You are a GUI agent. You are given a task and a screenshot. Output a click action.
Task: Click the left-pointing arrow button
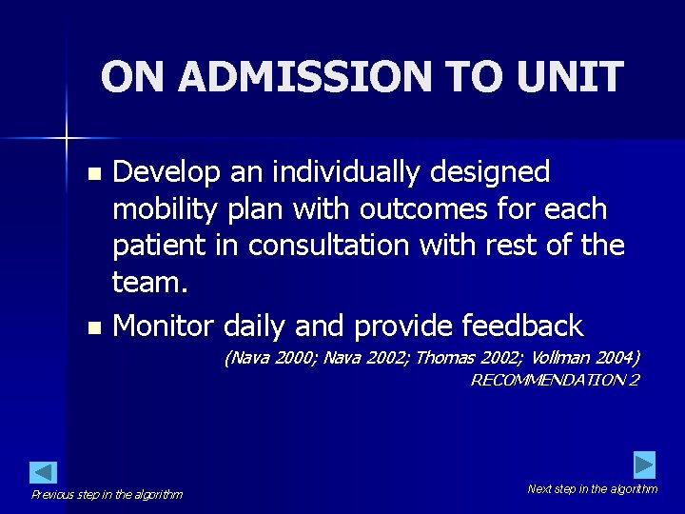44,472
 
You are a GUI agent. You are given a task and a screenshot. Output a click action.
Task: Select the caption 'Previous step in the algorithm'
107,494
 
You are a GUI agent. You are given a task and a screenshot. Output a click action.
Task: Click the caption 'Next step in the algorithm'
592,488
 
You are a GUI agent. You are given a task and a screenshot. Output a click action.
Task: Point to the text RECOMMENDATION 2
555,380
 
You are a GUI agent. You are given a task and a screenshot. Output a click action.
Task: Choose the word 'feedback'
521,326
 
